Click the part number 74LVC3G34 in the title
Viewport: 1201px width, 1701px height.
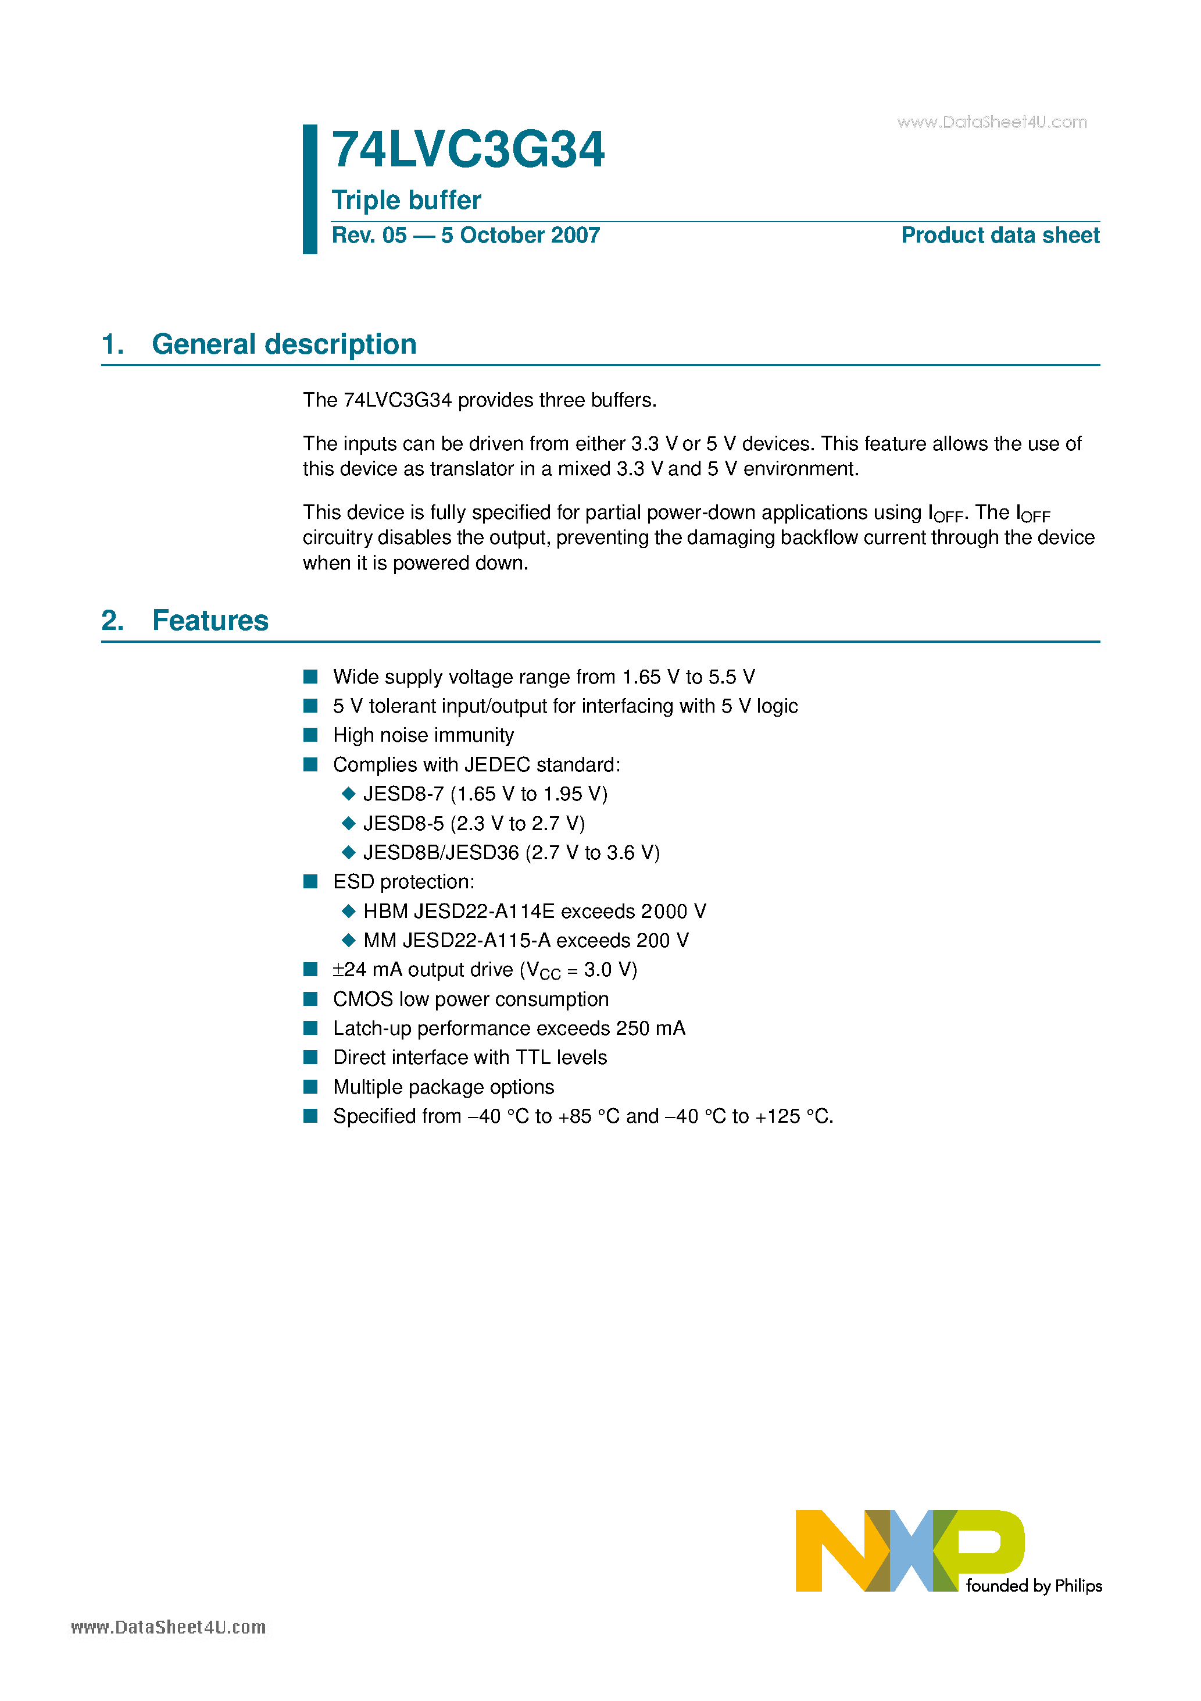(468, 151)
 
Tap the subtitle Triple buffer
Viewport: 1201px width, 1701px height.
(406, 200)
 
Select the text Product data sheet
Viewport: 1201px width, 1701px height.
(1000, 236)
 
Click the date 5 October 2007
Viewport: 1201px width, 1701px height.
(520, 236)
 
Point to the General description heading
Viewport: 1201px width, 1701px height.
(284, 344)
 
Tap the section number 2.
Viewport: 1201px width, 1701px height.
(112, 621)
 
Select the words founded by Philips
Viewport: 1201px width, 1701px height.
(1034, 1586)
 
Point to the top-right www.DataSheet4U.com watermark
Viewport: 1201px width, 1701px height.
(992, 122)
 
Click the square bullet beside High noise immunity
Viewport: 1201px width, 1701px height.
(311, 735)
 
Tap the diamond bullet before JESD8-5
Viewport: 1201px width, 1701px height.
(349, 823)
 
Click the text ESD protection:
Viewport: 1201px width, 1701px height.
(403, 881)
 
